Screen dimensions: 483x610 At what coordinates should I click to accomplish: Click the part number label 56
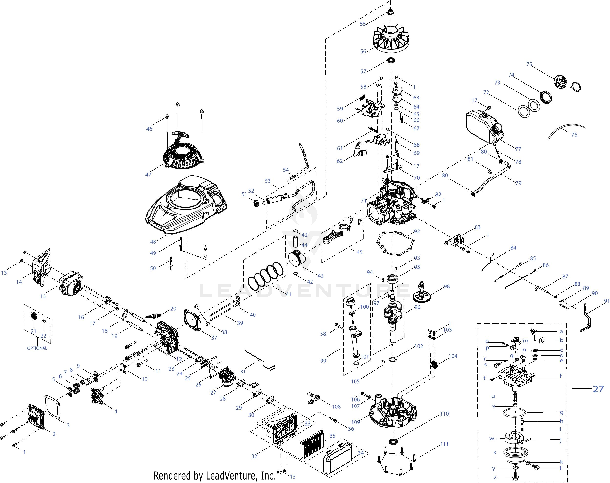[363, 51]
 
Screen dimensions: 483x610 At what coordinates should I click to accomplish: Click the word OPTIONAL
[37, 348]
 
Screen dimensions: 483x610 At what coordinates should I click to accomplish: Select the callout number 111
[444, 444]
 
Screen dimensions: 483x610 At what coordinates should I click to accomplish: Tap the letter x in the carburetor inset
[495, 452]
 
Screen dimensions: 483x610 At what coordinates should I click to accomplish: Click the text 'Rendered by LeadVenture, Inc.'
[214, 475]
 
